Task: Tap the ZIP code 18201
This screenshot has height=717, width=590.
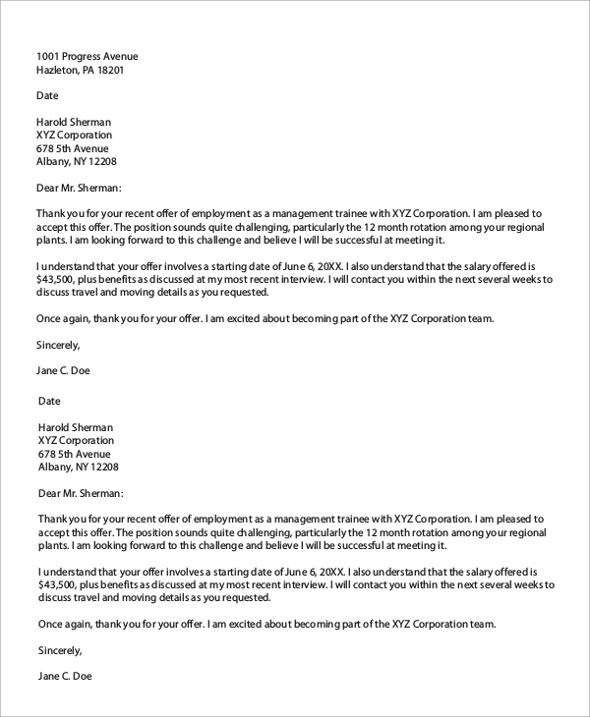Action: coord(108,71)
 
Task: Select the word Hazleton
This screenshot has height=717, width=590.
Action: coord(59,71)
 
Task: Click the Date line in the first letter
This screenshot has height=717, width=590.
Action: coord(47,96)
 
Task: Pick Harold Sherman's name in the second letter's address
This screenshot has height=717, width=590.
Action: coord(76,427)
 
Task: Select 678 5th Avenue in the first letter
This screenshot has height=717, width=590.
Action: coord(73,148)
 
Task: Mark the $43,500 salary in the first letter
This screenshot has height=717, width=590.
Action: coord(58,279)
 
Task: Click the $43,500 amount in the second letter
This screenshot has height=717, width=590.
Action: coord(58,584)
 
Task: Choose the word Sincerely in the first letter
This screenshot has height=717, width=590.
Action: coord(57,345)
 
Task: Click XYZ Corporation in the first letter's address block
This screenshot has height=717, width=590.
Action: coord(74,135)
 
